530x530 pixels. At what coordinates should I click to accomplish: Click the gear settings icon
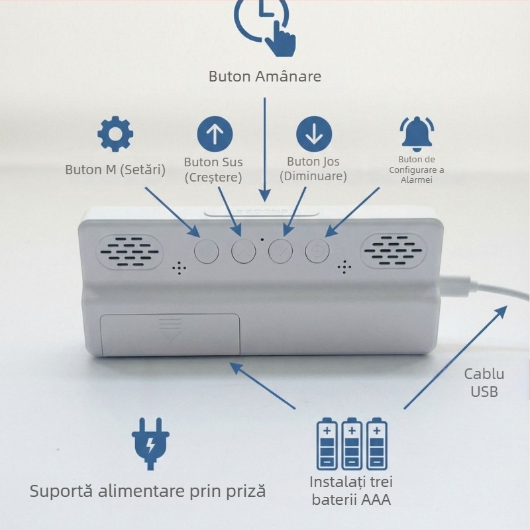click(115, 134)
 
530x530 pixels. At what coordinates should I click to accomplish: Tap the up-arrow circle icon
click(215, 134)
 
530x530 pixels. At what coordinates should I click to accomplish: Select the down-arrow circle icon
click(314, 134)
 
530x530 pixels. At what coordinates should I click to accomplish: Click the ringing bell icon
click(417, 134)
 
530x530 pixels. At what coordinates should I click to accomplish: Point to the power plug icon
click(150, 444)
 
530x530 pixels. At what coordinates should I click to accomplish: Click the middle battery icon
click(352, 443)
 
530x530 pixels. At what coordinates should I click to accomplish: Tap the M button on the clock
click(207, 252)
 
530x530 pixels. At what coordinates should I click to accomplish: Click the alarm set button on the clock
click(317, 251)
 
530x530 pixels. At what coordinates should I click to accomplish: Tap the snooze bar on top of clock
click(262, 212)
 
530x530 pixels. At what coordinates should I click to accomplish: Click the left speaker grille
click(129, 252)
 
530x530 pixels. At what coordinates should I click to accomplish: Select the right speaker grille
click(394, 250)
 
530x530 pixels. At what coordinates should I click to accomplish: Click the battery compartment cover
click(170, 335)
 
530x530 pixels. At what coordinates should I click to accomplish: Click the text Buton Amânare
click(265, 76)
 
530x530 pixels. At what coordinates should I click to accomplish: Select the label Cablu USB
click(484, 383)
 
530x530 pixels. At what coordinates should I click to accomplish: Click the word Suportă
click(61, 491)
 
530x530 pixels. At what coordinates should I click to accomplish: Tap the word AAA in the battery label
click(376, 500)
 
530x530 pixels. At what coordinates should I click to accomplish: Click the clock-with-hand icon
click(266, 27)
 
